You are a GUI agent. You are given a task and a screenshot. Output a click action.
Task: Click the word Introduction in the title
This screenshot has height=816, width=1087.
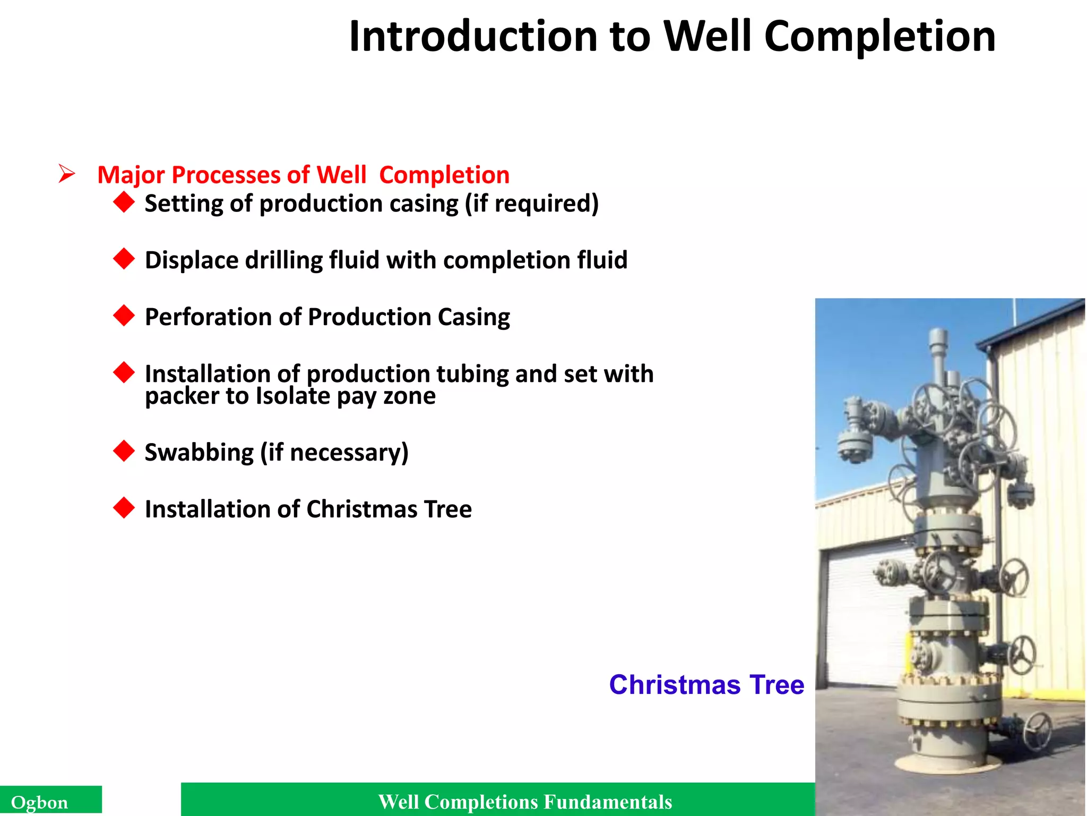(x=473, y=37)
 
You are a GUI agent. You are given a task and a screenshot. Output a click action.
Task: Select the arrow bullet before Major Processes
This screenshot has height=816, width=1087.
(x=67, y=174)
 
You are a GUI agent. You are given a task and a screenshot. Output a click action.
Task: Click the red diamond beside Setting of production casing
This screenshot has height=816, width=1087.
(x=124, y=202)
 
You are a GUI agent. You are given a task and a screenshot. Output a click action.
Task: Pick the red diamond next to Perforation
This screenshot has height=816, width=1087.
(x=124, y=316)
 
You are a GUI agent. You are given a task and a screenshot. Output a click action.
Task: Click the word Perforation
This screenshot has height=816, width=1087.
(x=208, y=317)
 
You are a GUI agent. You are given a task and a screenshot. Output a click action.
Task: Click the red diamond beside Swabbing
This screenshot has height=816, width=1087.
(x=124, y=451)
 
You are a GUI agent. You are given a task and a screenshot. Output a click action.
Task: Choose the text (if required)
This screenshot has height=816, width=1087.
(x=532, y=204)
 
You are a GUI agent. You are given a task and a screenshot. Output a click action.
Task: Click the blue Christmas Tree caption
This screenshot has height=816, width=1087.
(x=706, y=685)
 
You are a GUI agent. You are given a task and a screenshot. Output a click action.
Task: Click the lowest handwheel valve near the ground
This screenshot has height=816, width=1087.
(x=1037, y=730)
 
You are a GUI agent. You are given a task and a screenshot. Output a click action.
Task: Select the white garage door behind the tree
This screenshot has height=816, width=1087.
(x=860, y=611)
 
